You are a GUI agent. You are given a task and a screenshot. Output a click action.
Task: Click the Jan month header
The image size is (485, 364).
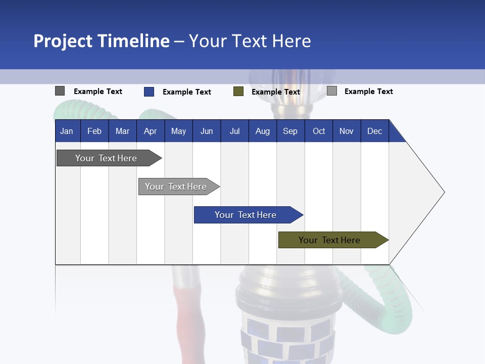(67, 131)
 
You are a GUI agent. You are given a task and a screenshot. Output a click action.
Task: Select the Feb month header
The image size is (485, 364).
(94, 131)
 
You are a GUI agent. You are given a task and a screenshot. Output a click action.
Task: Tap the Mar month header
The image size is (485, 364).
(122, 131)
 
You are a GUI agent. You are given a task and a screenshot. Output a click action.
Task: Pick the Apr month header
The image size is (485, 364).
(151, 131)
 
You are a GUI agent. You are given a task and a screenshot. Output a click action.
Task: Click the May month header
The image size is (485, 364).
(178, 131)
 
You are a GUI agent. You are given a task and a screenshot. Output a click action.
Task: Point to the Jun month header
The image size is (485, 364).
(207, 131)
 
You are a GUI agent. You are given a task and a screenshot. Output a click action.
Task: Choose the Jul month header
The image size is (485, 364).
(234, 131)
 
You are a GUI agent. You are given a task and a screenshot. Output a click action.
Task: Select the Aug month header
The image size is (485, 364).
(263, 131)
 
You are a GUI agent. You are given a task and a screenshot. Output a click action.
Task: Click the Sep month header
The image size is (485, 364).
(290, 131)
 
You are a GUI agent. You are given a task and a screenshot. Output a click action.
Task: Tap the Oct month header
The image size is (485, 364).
(319, 131)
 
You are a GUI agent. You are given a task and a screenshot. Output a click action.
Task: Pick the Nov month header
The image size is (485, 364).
(347, 131)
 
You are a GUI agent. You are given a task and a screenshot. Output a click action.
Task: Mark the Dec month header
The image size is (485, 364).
(375, 131)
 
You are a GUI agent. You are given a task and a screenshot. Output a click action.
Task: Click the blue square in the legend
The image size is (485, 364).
(149, 92)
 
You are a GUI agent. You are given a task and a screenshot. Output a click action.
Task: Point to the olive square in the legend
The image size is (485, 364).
(238, 92)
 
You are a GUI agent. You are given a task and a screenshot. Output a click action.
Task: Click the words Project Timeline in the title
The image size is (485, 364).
(102, 41)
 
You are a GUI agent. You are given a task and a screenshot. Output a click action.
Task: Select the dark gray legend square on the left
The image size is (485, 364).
(60, 91)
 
